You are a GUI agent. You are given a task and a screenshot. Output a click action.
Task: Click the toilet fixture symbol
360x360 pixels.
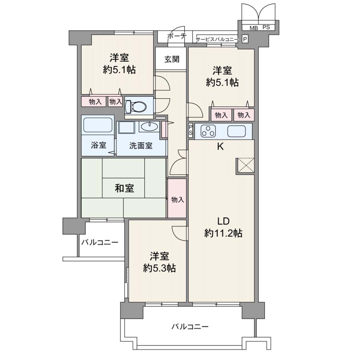pos(136,107)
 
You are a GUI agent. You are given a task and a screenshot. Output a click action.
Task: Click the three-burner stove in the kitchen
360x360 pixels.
pos(208,131)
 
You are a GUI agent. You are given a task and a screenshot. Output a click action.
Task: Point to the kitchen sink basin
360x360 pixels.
pos(236,131)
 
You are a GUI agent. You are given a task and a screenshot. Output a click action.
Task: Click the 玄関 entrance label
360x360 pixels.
pos(172,59)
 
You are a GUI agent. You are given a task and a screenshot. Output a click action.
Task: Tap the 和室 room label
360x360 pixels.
pos(124,188)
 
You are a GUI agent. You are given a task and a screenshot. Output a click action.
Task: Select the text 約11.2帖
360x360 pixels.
pos(223,233)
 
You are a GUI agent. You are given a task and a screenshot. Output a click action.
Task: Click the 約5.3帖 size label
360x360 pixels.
pos(159,268)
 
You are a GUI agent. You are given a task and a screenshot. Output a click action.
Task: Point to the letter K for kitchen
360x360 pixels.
pos(220,147)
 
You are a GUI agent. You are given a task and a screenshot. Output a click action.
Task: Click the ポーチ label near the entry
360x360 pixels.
pos(176,36)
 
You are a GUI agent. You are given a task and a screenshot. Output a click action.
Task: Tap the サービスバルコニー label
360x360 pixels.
pos(217,40)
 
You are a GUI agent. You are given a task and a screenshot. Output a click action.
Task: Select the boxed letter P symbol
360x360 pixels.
pos(245,39)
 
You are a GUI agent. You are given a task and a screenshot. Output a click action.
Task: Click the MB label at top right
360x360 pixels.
pos(254,28)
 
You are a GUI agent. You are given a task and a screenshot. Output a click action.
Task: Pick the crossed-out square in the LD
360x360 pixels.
pos(245,165)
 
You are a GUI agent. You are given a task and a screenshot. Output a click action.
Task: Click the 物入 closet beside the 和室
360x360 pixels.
pos(177,198)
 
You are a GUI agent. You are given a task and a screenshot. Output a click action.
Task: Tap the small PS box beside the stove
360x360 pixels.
pos(191,131)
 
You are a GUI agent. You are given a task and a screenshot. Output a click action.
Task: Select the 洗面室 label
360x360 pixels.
pos(141,146)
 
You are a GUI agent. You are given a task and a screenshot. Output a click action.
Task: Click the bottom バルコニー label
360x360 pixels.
pos(190,326)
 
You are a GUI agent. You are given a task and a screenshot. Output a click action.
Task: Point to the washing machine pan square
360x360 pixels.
pos(127,127)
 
